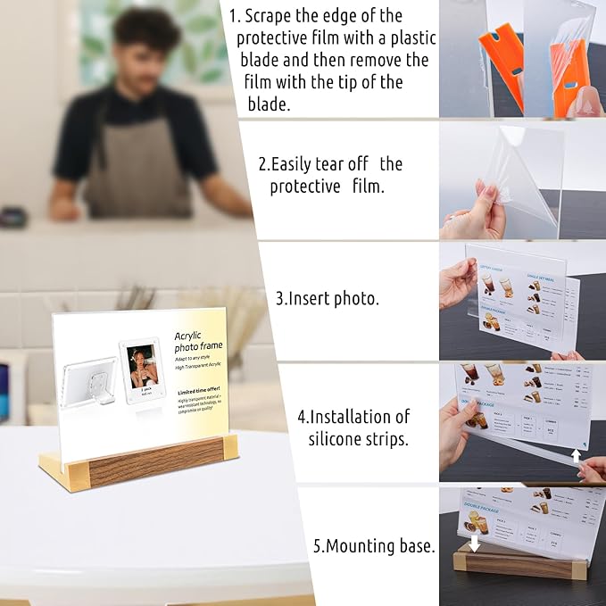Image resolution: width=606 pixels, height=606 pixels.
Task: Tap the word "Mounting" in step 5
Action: [x=381, y=546]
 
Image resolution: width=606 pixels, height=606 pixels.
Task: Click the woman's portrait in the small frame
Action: [x=141, y=365]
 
